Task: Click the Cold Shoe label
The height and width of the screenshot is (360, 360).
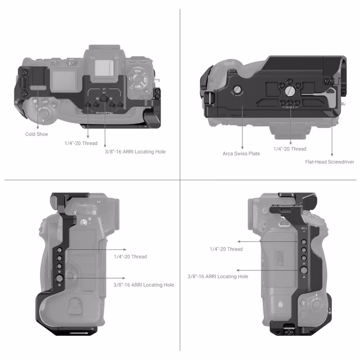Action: coord(37,134)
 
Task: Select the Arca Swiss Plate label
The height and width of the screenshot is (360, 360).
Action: coord(241,154)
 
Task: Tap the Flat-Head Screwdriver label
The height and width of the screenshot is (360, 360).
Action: coord(329,162)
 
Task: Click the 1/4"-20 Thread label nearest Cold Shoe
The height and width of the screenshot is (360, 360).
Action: coord(81,143)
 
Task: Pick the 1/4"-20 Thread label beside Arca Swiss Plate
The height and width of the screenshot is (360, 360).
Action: coord(290,149)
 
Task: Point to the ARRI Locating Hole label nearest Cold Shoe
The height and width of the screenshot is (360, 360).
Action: coord(135,151)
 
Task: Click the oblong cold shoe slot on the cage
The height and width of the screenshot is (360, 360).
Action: coord(38,87)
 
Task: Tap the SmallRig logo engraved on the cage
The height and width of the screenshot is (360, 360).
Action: coord(104,112)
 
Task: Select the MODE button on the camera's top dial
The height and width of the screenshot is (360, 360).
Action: coord(137,72)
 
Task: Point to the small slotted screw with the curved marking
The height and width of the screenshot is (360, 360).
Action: coord(237,89)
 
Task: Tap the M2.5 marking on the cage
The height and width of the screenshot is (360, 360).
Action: coord(304,229)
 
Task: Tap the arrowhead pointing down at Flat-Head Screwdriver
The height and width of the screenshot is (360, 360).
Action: coord(332,155)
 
